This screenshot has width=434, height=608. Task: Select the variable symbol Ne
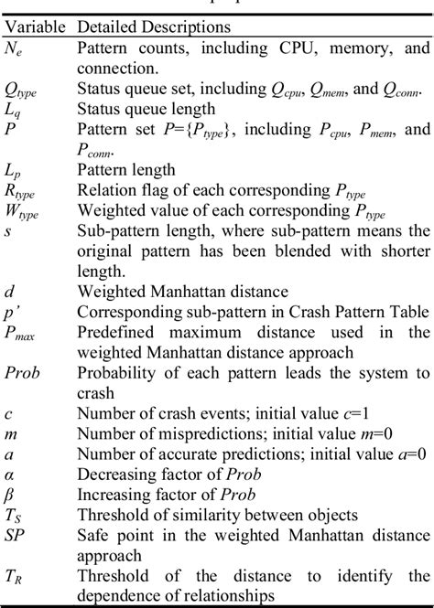tap(14, 48)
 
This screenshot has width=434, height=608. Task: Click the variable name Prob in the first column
tap(23, 375)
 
